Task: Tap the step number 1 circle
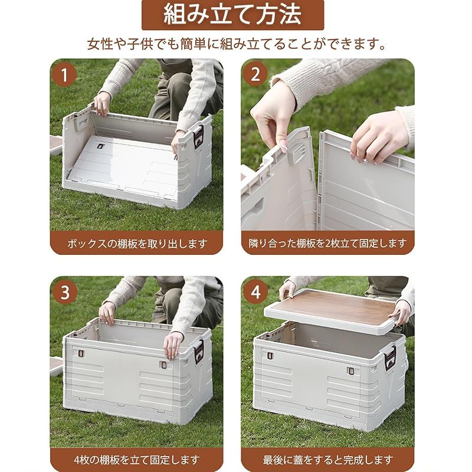(x=65, y=75)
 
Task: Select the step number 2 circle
(x=255, y=75)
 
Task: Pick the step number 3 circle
(x=65, y=292)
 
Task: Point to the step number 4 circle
(x=255, y=292)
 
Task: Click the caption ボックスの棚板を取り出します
(x=136, y=242)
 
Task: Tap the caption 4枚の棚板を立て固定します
(x=136, y=460)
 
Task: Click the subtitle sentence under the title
(x=236, y=44)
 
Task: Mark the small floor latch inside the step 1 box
(x=101, y=146)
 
